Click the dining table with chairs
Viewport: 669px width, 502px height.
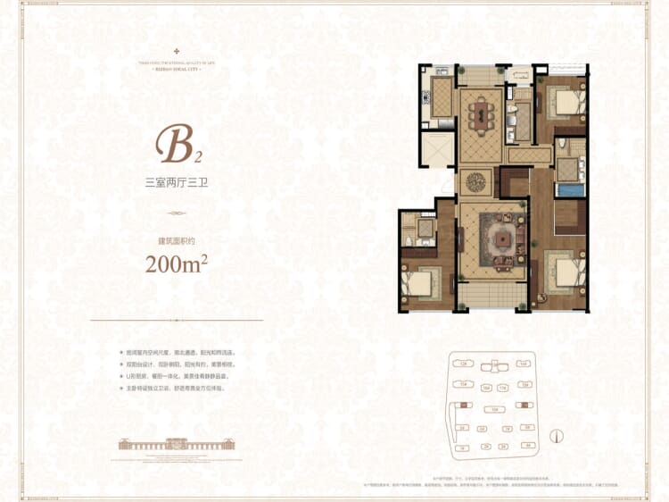481,113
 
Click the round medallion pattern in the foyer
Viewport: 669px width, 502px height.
478,181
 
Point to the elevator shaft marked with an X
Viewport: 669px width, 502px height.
438,150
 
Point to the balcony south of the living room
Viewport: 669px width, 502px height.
490,294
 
